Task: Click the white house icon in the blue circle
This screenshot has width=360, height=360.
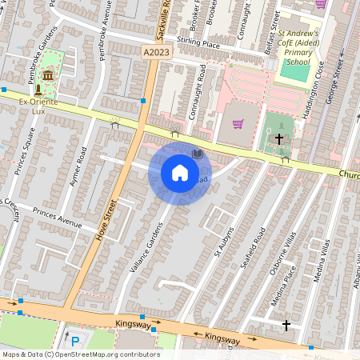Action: [x=180, y=172]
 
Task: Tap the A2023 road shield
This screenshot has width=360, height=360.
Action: [x=157, y=52]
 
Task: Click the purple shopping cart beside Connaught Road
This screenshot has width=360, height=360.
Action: [x=238, y=123]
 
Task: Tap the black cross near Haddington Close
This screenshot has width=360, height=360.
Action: [x=279, y=139]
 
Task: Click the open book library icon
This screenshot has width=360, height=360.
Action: [x=198, y=153]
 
